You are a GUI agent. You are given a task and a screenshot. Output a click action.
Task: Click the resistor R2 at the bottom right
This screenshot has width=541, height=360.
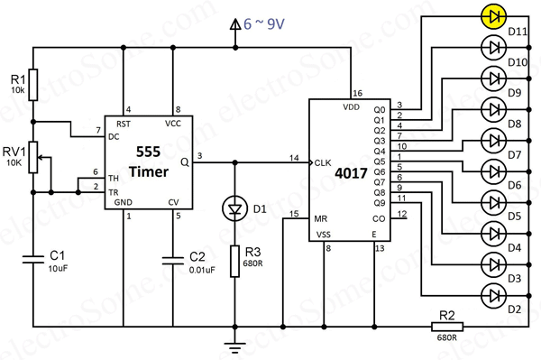[x=447, y=327]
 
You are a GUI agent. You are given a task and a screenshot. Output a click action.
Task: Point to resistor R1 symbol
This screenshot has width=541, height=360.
[x=33, y=86]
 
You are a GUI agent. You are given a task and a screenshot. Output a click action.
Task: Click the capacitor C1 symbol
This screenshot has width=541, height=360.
[x=33, y=260]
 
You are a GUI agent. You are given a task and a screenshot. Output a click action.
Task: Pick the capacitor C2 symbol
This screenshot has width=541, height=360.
[x=172, y=260]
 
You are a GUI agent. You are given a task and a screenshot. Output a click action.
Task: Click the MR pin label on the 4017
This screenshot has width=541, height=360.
[x=321, y=218]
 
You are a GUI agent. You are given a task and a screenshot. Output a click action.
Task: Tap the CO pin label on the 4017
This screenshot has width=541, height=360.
[x=380, y=218]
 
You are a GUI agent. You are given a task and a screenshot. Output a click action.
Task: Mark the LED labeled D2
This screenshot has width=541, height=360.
[x=493, y=294]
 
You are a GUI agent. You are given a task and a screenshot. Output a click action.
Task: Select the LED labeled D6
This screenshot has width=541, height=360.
[x=493, y=170]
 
